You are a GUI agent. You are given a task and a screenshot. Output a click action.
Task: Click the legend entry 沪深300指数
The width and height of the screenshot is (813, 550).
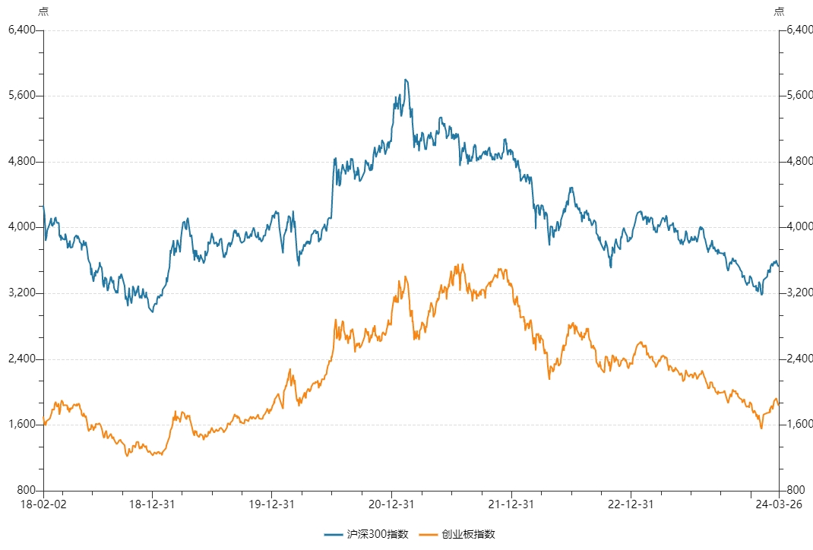(366, 534)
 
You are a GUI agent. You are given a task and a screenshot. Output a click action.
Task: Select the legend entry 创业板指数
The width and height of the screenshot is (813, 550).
(457, 534)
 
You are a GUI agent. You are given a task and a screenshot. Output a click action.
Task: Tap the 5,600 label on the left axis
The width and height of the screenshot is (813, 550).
(22, 96)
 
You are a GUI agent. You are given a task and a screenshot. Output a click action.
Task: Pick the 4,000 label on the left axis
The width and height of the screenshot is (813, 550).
(22, 227)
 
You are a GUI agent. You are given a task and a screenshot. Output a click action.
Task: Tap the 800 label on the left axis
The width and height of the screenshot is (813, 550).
(26, 491)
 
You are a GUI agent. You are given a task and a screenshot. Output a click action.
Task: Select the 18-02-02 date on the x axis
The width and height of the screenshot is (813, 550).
(43, 504)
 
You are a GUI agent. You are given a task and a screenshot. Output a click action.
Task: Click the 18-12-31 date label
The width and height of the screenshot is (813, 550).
(152, 504)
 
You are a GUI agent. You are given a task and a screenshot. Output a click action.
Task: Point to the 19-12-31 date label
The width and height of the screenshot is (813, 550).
(272, 504)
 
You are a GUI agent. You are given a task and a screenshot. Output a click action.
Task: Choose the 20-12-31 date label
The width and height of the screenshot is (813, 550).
(391, 504)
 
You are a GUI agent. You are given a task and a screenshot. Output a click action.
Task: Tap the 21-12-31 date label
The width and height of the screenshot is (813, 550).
(511, 504)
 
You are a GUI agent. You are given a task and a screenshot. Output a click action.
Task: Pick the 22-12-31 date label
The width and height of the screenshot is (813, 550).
(631, 504)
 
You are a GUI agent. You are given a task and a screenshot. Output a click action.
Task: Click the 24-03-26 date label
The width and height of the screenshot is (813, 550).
(779, 504)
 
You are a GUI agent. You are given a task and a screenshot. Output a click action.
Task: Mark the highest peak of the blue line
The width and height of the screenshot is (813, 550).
(406, 80)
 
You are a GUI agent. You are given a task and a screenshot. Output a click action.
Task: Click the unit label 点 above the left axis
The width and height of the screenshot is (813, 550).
(43, 11)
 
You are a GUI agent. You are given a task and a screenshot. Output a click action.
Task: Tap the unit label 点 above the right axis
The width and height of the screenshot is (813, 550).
(780, 11)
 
